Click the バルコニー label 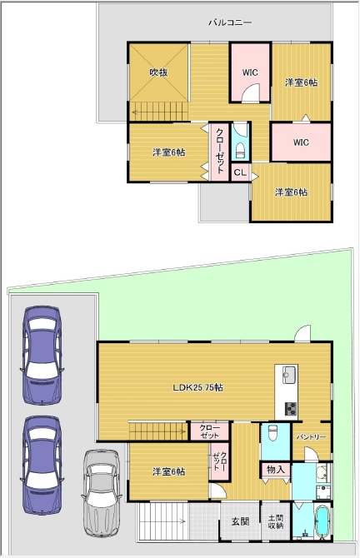click(x=230, y=22)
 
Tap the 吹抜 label click(x=158, y=72)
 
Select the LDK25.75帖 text click(x=198, y=387)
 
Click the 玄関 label click(x=241, y=521)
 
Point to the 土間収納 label click(x=276, y=521)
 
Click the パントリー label click(x=312, y=436)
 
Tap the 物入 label click(x=276, y=470)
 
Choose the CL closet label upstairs click(x=240, y=172)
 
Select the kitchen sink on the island click(x=290, y=375)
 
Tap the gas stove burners click(x=291, y=409)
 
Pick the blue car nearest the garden click(x=42, y=355)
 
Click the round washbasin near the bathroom click(x=322, y=472)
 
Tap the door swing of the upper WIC click(x=251, y=92)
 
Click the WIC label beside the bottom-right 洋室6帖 click(x=301, y=142)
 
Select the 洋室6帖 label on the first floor click(x=169, y=472)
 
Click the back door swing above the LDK click(x=302, y=333)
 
